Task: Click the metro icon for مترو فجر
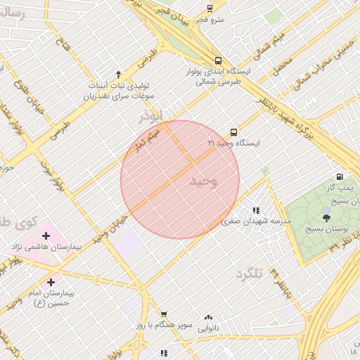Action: [x=210, y=8]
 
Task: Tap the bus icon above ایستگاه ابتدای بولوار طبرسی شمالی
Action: [x=218, y=61]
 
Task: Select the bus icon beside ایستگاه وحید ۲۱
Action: [x=233, y=131]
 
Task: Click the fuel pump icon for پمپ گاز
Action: [x=340, y=176]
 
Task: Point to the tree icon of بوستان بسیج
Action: [x=325, y=219]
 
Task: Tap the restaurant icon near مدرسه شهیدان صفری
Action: [x=256, y=210]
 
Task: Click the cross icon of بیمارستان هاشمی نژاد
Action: [x=46, y=236]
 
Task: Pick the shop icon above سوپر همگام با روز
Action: [x=164, y=314]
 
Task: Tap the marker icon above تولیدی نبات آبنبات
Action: [x=118, y=74]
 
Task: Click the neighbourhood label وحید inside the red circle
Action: [x=204, y=181]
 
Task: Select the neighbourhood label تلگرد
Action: [x=248, y=273]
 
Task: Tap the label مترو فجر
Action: [x=210, y=19]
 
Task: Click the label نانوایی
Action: [x=208, y=328]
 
